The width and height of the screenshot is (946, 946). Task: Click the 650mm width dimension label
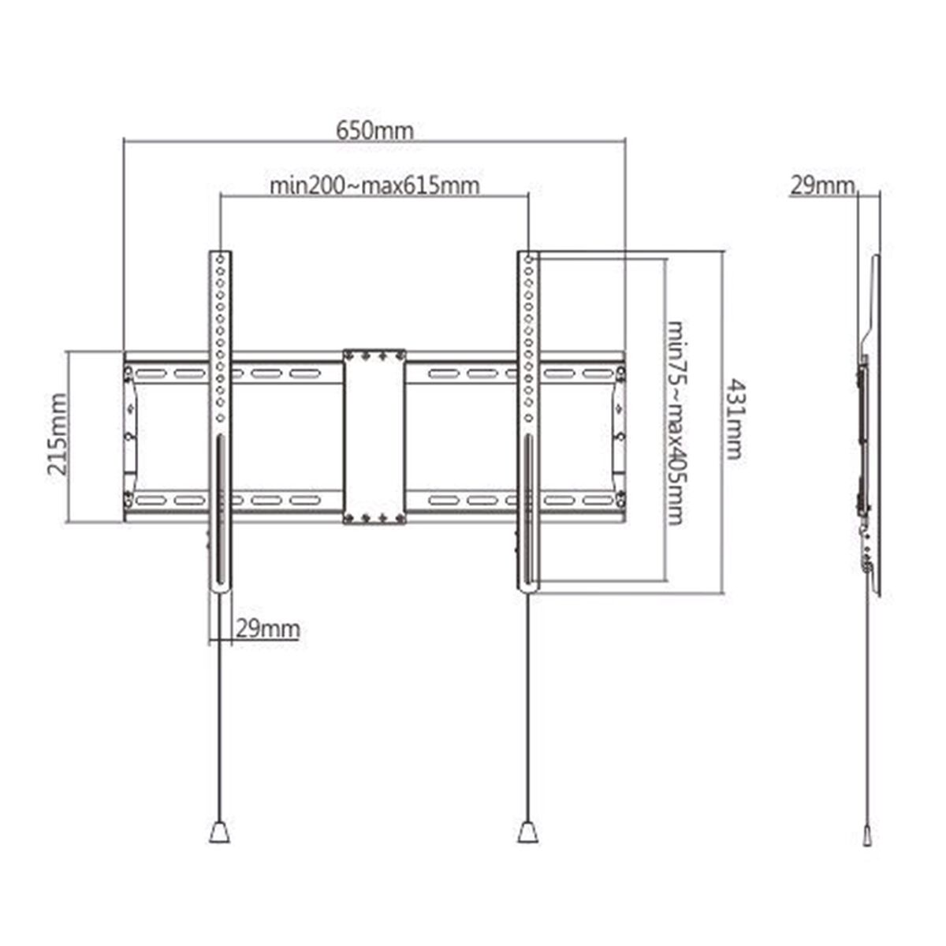point(374,130)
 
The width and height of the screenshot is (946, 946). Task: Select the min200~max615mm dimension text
point(374,186)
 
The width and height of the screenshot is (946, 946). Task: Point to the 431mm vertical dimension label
point(733,419)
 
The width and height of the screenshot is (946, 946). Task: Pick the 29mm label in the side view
point(822,186)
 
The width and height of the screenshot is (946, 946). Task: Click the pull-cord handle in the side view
point(867,835)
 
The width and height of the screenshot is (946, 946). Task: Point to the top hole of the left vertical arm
point(220,258)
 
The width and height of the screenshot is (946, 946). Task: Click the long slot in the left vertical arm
point(220,512)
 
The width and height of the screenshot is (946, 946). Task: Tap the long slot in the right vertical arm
point(528,512)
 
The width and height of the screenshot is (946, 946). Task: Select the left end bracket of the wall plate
point(131,438)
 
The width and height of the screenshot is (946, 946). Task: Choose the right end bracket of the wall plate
point(618,438)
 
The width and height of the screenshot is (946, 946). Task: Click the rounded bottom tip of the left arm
point(220,590)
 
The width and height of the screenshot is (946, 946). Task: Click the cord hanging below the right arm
point(529,709)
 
